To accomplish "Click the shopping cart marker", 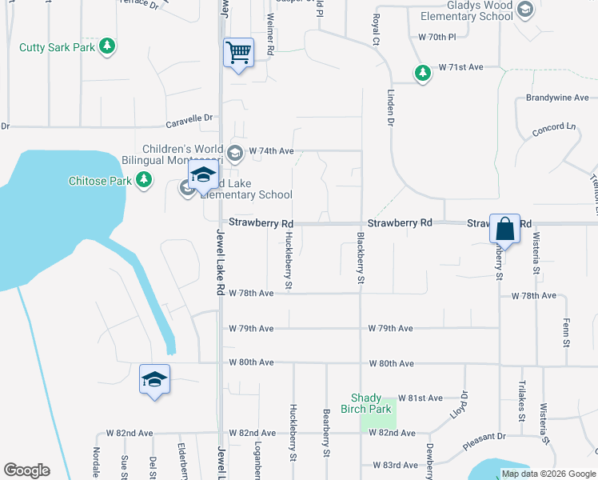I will [238, 54].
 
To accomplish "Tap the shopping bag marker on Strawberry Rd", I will [504, 229].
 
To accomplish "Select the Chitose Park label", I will [99, 181].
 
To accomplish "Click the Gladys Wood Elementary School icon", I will [525, 10].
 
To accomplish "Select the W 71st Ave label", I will [460, 68].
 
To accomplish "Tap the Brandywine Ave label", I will [557, 98].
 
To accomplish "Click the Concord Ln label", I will [554, 127].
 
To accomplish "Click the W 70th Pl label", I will [437, 38].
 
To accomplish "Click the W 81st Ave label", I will [425, 398].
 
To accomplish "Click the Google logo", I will [26, 470].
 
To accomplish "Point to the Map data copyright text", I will [548, 474].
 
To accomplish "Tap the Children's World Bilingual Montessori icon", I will [235, 152].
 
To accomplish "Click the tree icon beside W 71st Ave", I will [422, 74].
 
